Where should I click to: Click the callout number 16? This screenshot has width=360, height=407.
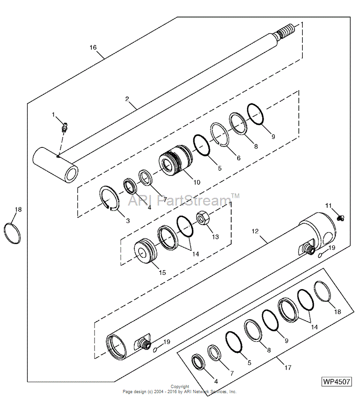(93, 47)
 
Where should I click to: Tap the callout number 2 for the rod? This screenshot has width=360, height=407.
(126, 99)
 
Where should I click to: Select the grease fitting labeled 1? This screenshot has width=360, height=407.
(65, 126)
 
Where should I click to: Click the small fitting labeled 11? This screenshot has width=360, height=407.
(341, 218)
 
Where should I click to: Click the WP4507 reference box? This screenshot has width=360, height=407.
(336, 382)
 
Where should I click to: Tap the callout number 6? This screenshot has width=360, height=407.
(239, 158)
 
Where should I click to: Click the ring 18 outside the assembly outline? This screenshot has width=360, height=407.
(12, 233)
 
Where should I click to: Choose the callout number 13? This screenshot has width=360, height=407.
(216, 237)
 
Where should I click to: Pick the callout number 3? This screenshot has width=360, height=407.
(128, 221)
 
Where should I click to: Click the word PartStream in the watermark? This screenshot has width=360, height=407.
(194, 201)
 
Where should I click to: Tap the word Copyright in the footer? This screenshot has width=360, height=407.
(180, 387)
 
